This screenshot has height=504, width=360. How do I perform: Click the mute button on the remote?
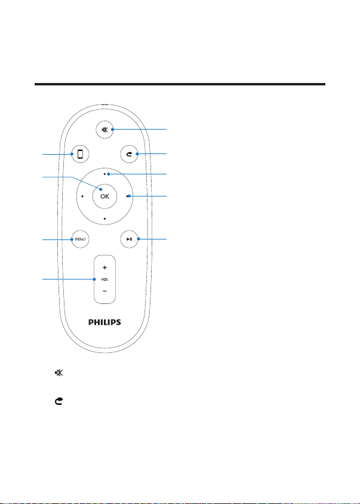[x=105, y=130]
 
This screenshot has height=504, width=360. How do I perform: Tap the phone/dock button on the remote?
[x=80, y=154]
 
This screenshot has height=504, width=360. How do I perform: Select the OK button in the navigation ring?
[x=105, y=196]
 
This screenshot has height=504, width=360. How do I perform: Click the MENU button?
[x=80, y=239]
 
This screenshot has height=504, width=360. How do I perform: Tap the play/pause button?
[x=129, y=239]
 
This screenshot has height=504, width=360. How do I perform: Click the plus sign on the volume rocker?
[x=105, y=268]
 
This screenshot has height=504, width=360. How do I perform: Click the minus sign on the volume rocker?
[x=105, y=291]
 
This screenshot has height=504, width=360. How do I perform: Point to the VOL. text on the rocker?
[x=105, y=279]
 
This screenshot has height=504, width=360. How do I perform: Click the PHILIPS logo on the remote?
[x=105, y=322]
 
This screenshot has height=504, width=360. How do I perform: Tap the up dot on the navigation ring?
[x=105, y=174]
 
